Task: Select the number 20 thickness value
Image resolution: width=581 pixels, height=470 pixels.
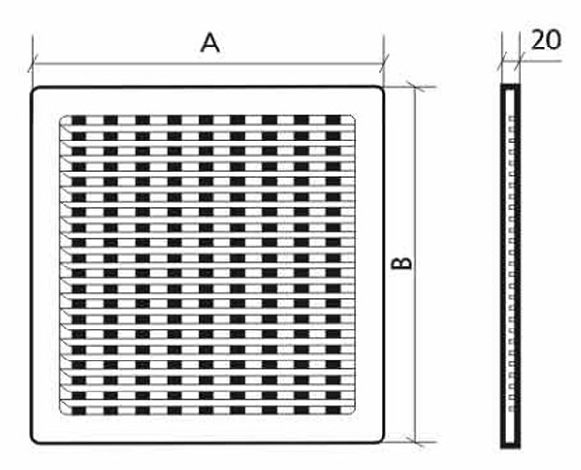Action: pyautogui.click(x=546, y=40)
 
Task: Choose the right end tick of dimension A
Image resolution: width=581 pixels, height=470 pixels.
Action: pyautogui.click(x=384, y=66)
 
